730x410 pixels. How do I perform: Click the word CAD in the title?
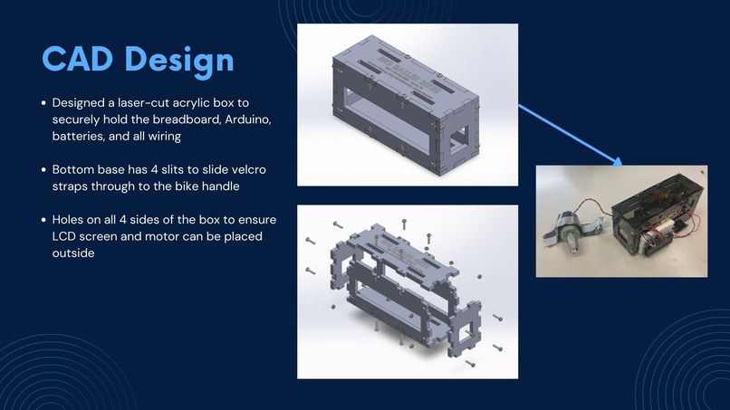pos(77,59)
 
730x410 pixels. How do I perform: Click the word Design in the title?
pos(179,61)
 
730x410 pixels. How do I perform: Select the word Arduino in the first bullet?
pos(247,119)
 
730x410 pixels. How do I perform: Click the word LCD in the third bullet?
pos(63,236)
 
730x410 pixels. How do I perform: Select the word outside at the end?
pos(73,253)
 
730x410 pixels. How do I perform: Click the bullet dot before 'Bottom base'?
pos(43,169)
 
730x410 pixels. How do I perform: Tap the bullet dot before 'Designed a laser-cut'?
pos(43,103)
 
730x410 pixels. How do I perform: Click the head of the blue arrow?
pos(619,161)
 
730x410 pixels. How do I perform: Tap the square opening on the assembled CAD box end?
pos(459,136)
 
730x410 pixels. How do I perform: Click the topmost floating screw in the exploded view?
pos(404,224)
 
